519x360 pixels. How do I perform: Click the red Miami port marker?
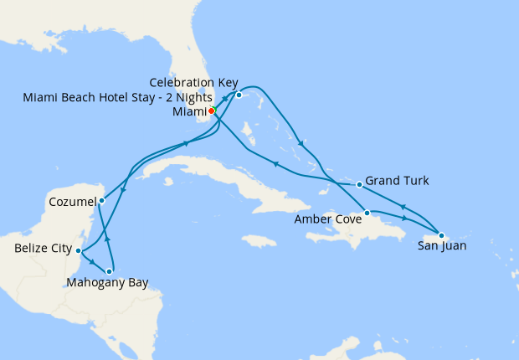[212, 111]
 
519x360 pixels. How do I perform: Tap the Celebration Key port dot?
[239, 95]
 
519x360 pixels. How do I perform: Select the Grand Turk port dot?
[359, 184]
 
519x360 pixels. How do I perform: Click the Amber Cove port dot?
[367, 213]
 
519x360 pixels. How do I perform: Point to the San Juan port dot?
[441, 235]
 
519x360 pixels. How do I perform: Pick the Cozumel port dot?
[101, 200]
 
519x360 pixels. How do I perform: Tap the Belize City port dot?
[78, 250]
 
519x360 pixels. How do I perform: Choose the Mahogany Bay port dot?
[110, 271]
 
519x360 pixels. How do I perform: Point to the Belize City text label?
[42, 249]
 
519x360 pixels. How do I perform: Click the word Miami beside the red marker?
[188, 111]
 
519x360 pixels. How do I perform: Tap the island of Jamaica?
[259, 241]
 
